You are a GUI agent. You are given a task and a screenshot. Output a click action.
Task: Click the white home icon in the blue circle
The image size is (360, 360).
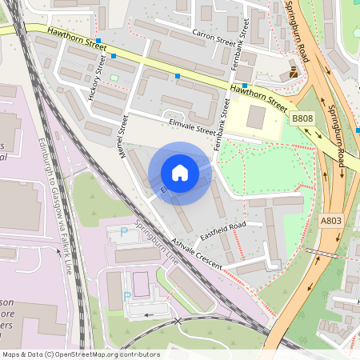click(x=180, y=173)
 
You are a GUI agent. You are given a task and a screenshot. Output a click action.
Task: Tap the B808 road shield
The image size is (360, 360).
click(x=302, y=119)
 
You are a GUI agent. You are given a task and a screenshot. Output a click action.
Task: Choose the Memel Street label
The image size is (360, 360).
click(x=125, y=136)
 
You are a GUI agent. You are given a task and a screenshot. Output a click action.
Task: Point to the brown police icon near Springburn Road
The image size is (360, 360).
click(x=294, y=73)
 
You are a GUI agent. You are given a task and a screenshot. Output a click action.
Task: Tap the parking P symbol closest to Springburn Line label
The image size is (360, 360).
click(x=123, y=231)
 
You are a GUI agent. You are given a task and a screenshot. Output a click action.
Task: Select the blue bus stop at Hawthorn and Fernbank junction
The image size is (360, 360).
click(x=245, y=86)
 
